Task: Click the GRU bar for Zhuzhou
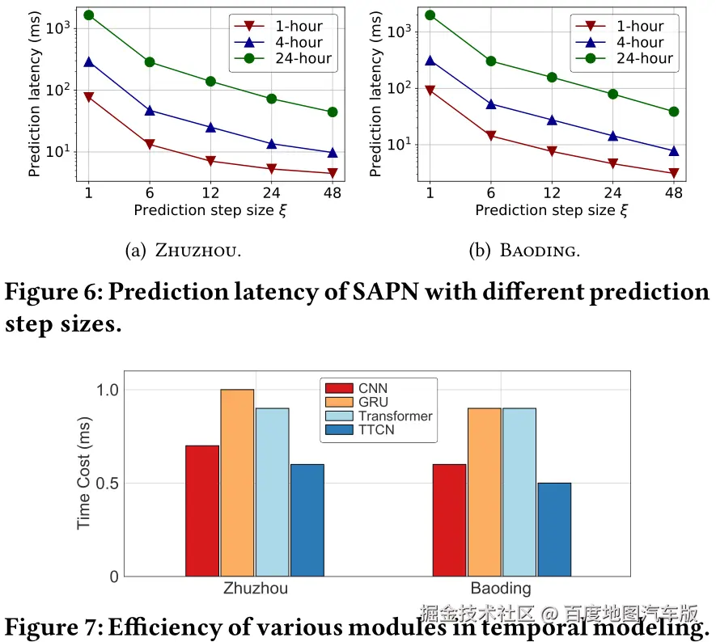(x=237, y=483)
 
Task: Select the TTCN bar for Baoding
(x=554, y=530)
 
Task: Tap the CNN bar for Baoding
(x=449, y=520)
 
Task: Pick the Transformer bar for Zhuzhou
(x=272, y=492)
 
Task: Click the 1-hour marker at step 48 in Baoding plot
(x=673, y=173)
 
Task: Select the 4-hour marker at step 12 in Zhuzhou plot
(x=210, y=127)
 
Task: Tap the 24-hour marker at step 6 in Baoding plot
(x=491, y=61)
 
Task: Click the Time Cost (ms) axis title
(x=85, y=474)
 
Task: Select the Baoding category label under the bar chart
(x=501, y=589)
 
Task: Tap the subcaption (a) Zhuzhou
(x=184, y=251)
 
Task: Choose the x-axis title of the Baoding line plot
(x=551, y=210)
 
